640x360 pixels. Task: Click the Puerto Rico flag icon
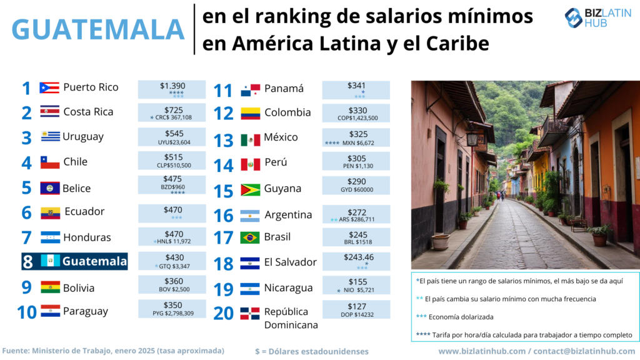pyautogui.click(x=49, y=87)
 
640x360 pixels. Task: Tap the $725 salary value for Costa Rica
pyautogui.click(x=171, y=109)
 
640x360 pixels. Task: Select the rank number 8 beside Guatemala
pyautogui.click(x=27, y=262)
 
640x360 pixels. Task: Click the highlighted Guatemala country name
pyautogui.click(x=94, y=261)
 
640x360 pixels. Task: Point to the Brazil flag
pyautogui.click(x=250, y=238)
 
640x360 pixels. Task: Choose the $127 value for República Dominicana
pyautogui.click(x=356, y=306)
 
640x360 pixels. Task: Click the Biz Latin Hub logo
pyautogui.click(x=598, y=18)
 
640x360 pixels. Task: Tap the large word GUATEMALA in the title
pyautogui.click(x=98, y=29)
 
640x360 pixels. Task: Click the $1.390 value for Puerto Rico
pyautogui.click(x=172, y=86)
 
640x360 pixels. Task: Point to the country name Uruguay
pyautogui.click(x=83, y=136)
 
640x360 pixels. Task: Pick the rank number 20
pyautogui.click(x=224, y=312)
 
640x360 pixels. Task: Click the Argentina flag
pyautogui.click(x=250, y=216)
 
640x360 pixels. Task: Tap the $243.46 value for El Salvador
pyautogui.click(x=356, y=257)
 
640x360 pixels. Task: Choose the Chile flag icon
pyautogui.click(x=50, y=162)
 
